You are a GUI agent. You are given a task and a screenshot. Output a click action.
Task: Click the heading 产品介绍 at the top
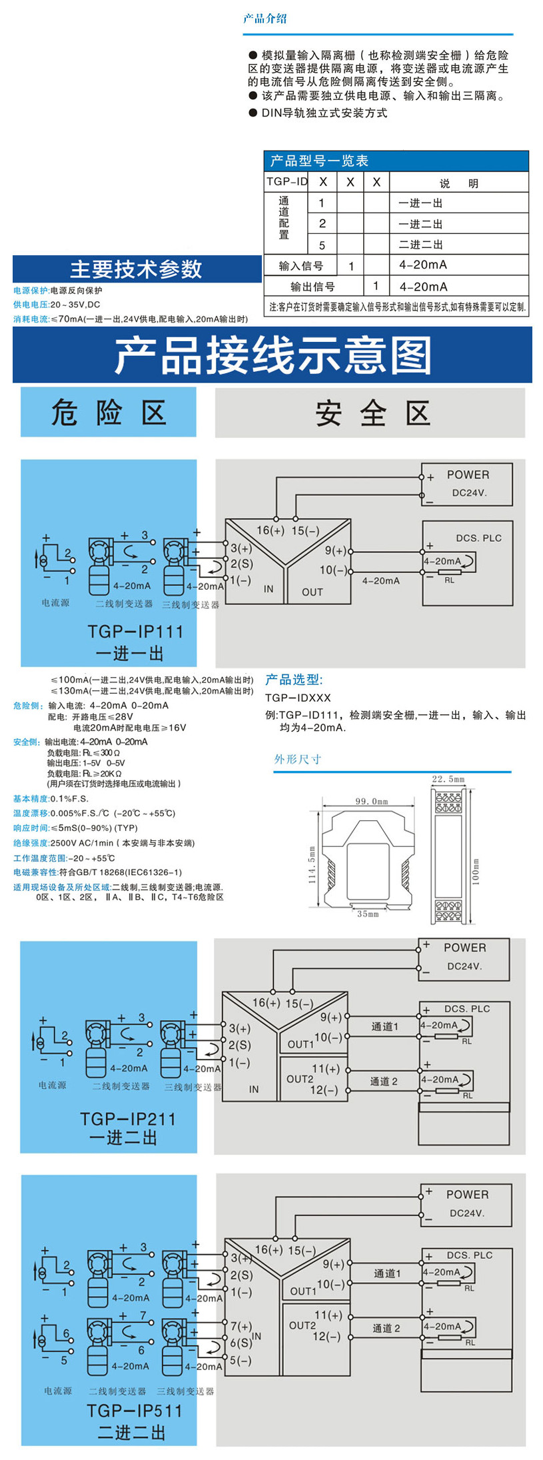[265, 19]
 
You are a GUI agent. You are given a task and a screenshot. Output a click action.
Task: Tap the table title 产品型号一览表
[319, 161]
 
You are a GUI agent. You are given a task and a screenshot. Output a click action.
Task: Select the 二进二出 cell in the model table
[420, 245]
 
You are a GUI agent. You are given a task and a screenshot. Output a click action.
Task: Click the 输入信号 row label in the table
[301, 266]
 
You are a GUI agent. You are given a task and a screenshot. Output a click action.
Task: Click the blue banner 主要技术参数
[136, 269]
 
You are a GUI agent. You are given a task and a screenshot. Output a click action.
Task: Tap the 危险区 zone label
[109, 412]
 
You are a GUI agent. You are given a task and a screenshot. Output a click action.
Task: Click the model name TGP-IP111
[135, 631]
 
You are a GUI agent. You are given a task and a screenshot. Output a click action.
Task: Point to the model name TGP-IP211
[128, 1119]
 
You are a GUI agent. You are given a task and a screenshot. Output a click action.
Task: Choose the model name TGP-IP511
[134, 1411]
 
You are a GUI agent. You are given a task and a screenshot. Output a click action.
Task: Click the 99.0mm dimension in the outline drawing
[371, 801]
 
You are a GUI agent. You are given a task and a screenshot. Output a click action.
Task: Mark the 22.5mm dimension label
[448, 779]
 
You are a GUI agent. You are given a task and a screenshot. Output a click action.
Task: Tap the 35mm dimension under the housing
[367, 914]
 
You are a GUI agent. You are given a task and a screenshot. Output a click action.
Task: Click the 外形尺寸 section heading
[297, 759]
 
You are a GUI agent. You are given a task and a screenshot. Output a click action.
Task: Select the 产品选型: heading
[294, 680]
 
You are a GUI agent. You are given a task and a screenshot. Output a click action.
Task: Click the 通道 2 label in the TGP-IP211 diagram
[384, 1081]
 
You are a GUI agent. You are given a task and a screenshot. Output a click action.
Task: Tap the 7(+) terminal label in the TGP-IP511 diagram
[241, 1326]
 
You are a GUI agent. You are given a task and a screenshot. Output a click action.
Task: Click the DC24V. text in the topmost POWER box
[469, 493]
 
